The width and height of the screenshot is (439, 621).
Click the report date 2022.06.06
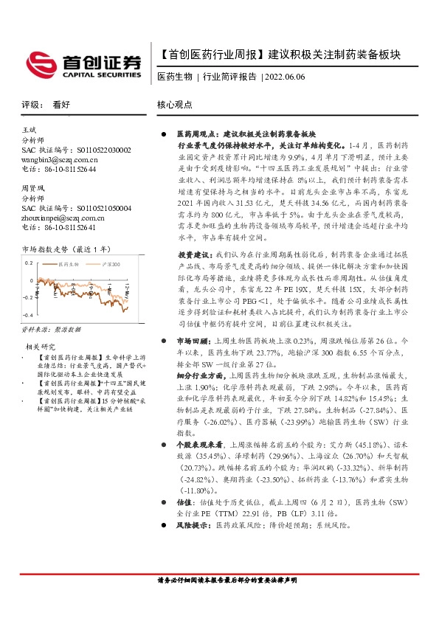tap(283, 77)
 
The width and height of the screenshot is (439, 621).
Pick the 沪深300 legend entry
tap(106, 241)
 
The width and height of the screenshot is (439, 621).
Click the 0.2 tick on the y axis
tap(30, 242)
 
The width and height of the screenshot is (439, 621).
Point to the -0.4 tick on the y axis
tap(28, 296)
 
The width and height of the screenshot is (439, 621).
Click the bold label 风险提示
tap(192, 524)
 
